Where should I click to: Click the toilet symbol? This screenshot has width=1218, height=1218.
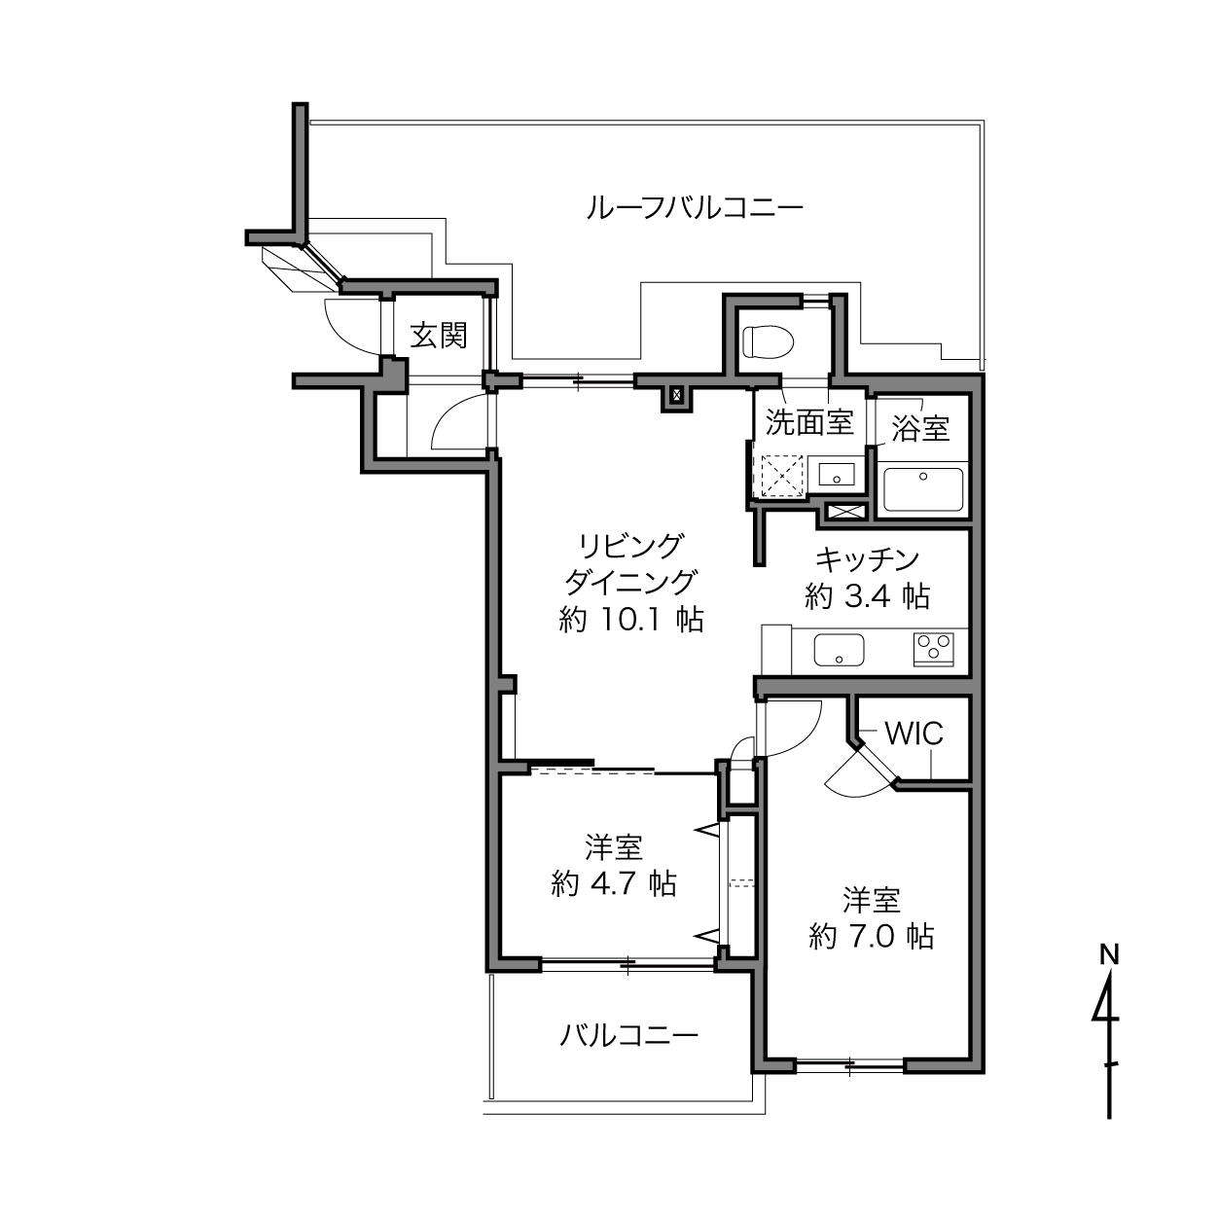[769, 340]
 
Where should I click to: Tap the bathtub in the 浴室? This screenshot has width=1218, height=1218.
[922, 489]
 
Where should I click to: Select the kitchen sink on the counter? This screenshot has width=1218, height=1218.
[839, 650]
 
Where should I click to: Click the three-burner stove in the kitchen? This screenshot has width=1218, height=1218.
[933, 649]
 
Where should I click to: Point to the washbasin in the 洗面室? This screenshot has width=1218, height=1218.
[837, 474]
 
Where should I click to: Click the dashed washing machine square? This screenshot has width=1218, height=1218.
[782, 476]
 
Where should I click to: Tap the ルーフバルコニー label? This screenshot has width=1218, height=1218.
[695, 207]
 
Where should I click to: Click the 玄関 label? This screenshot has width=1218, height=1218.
[439, 335]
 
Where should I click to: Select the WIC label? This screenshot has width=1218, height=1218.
[913, 734]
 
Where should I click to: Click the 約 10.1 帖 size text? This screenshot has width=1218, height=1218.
[631, 620]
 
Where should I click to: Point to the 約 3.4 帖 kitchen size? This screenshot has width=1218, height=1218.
[867, 595]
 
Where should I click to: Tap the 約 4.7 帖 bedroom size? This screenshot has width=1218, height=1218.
[614, 883]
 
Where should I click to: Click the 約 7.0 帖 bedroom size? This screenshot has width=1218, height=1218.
[871, 936]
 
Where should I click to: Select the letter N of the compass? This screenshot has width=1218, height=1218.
[1109, 954]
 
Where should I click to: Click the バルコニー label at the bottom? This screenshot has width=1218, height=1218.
[628, 1035]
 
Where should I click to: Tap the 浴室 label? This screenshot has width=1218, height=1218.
[920, 428]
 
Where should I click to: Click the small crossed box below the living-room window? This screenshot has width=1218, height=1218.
[677, 396]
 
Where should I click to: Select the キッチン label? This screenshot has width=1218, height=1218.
[867, 558]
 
